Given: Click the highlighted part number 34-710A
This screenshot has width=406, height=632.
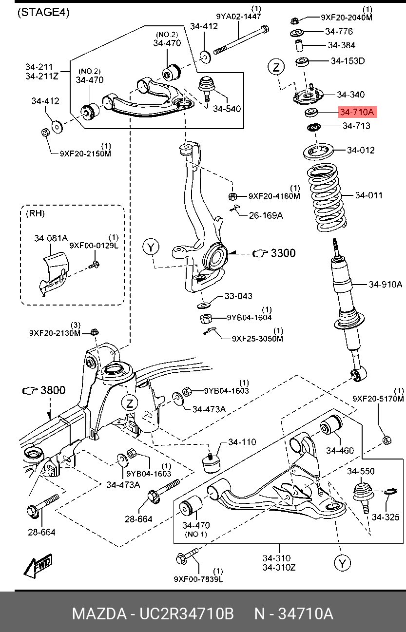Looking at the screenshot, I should (357, 113).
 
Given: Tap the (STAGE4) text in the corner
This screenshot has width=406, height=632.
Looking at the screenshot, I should (43, 13).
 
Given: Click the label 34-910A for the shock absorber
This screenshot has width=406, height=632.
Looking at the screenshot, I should (385, 285).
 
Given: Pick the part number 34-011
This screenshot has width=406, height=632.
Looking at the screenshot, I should (368, 195).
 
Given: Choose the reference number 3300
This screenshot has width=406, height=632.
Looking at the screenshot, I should (283, 253).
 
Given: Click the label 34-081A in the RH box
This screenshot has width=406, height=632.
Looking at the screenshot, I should (51, 238).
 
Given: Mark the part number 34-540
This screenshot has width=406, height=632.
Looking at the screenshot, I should (227, 109).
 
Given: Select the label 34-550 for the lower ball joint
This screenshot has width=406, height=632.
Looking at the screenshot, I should (361, 471).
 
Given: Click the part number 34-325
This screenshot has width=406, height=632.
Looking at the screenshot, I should (386, 517).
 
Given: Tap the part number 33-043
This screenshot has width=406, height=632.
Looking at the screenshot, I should (238, 296).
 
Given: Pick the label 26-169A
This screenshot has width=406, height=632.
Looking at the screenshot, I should (266, 214).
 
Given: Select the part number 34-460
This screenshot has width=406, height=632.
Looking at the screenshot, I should (340, 451).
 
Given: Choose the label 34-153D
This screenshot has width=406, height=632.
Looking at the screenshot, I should (348, 61).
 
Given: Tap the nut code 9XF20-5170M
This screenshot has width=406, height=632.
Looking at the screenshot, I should (378, 399).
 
